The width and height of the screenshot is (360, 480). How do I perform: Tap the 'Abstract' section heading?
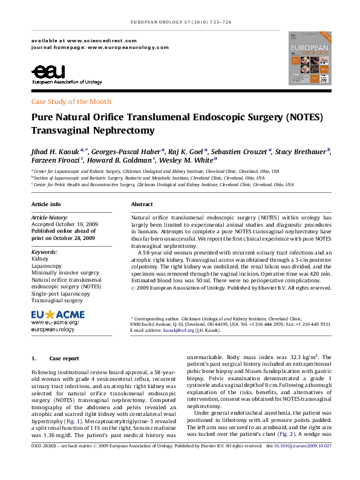pos(142,204)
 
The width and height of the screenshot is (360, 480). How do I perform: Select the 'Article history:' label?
pos(48,216)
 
